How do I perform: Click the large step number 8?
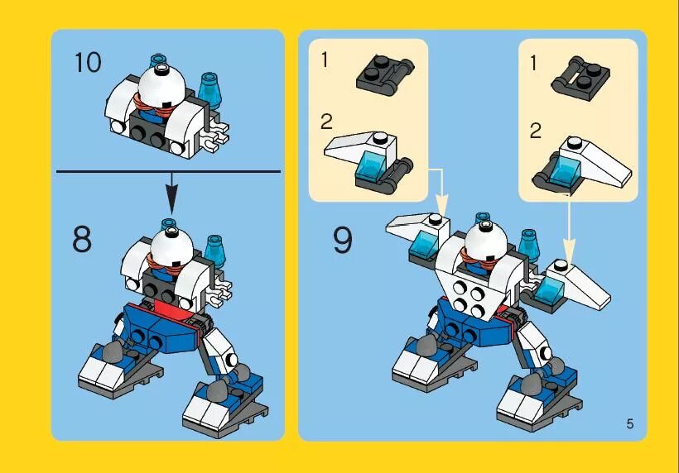tap(82, 240)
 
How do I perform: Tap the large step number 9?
tap(342, 240)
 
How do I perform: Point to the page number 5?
tap(629, 424)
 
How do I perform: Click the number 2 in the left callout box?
tap(326, 122)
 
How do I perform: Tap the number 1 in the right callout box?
tap(534, 63)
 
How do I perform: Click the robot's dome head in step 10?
tap(163, 84)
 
